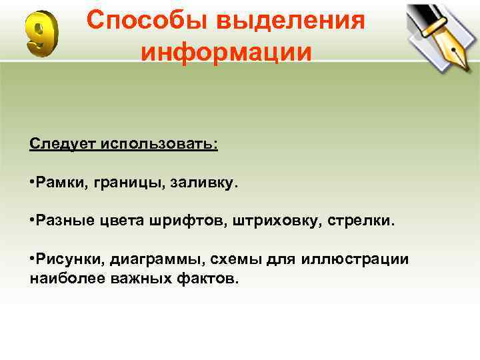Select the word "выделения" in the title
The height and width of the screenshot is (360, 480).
coord(297,20)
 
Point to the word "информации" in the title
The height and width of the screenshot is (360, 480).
coord(226,51)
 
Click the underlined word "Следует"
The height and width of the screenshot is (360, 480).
coord(63,145)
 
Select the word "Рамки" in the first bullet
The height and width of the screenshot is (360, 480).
coord(60,183)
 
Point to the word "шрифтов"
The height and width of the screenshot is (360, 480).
coord(196,221)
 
